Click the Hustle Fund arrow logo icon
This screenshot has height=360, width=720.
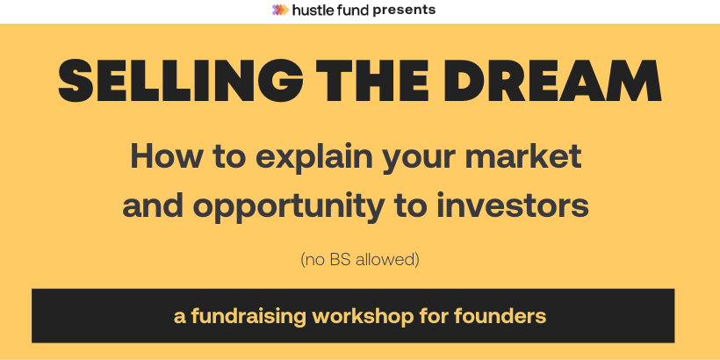280,10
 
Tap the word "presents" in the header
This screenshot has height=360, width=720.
404,11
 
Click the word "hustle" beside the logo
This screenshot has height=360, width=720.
309,10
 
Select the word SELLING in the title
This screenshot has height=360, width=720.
181,81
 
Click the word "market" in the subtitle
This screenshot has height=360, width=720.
523,156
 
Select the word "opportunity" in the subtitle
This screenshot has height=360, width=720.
292,207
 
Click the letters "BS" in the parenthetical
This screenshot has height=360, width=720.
341,260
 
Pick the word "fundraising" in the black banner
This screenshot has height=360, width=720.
248,317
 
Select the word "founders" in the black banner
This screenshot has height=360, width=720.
500,316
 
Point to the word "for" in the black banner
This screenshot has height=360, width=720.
434,316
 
